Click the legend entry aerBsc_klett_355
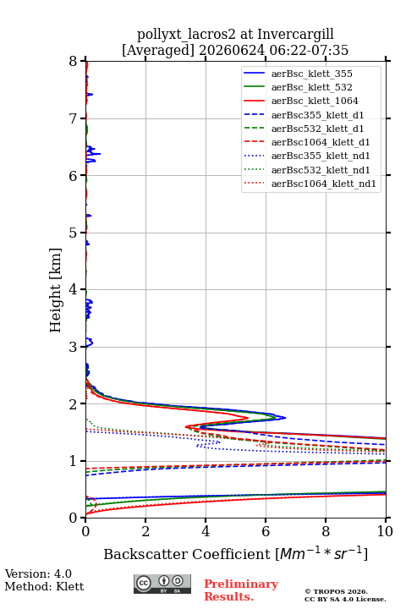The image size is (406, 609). pos(311,74)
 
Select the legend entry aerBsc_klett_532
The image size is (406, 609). pos(311,87)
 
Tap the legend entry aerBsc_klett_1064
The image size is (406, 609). pos(315,101)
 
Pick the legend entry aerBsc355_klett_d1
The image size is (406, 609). pos(317,115)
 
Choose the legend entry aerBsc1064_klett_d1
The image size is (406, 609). pos(321,142)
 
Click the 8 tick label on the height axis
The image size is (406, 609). pos(73,62)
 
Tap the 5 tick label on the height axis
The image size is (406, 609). pos(73,233)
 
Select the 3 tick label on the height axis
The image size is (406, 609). pos(73,348)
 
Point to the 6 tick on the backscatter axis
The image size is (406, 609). pos(266,531)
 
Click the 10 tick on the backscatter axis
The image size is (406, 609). pos(385,531)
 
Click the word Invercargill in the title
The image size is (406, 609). pos(296,35)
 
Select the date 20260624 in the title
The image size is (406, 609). pos(232,51)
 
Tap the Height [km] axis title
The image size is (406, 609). pos(56,290)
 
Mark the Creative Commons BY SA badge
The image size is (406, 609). pos(162,584)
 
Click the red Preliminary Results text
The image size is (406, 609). pos(241,590)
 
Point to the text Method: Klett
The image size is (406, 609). pos(44,586)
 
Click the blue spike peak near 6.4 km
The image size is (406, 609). pos(100,154)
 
